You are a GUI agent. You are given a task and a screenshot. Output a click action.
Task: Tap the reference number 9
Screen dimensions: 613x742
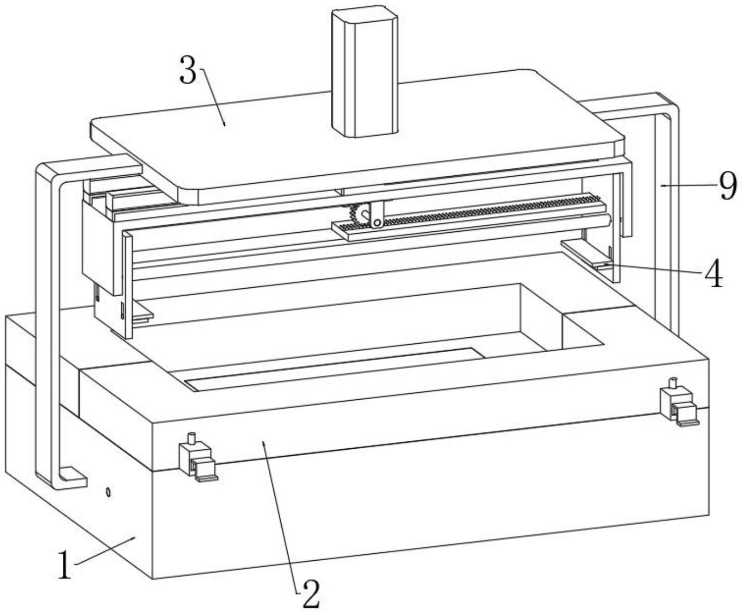(x=728, y=186)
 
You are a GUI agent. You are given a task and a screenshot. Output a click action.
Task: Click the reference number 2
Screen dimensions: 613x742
(x=309, y=593)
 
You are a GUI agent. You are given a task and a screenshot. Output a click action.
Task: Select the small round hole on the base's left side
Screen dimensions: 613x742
(x=108, y=492)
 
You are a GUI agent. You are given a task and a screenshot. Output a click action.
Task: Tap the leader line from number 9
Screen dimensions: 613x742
(x=689, y=185)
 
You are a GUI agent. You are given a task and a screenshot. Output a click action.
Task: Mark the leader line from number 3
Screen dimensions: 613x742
(x=213, y=97)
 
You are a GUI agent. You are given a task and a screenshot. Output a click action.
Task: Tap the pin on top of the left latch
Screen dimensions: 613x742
(x=191, y=438)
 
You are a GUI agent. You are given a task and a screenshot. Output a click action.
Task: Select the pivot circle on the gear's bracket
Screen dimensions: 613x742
(x=377, y=223)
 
